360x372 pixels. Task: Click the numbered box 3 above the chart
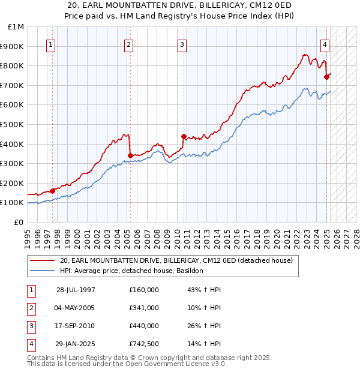click(182, 44)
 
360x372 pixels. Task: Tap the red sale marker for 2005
click(130, 156)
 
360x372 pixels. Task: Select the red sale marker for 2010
click(184, 136)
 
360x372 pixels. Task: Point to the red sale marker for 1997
click(53, 191)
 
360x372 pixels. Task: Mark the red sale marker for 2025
click(327, 76)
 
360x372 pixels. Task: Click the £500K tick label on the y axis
click(13, 124)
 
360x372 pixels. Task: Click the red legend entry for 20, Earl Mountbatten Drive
click(176, 260)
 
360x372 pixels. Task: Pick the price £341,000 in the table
click(144, 308)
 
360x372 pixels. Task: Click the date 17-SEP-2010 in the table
click(76, 326)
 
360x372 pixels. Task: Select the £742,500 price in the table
click(144, 344)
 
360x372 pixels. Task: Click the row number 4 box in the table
click(31, 344)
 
